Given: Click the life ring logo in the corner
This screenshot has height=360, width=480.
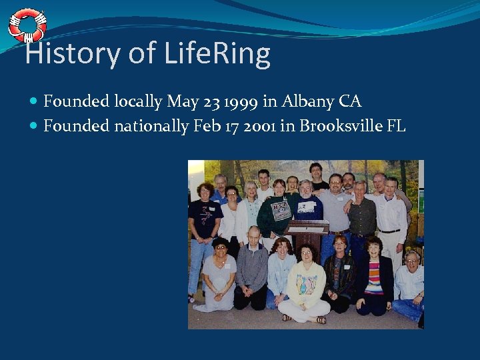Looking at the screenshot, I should click(27, 25).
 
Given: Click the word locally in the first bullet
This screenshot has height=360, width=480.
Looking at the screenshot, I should click(138, 102).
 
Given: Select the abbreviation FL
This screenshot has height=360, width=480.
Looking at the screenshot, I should click(395, 125).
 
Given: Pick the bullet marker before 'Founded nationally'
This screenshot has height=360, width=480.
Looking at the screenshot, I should click(34, 126).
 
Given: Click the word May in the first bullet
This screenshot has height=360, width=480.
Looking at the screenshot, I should click(183, 102).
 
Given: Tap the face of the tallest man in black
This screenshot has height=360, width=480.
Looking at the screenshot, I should click(315, 171).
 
